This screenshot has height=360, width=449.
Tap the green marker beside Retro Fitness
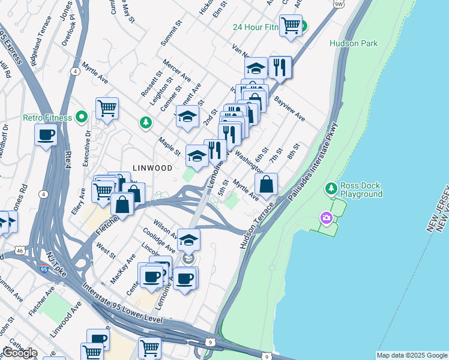[83, 117]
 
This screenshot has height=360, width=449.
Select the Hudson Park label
[353, 43]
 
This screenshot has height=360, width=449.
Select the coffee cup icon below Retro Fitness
[46, 135]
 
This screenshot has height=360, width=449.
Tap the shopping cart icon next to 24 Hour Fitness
[291, 25]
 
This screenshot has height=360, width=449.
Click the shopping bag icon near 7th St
[267, 184]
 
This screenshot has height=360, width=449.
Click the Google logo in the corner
[19, 352]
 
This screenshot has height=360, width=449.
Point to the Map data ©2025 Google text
[412, 355]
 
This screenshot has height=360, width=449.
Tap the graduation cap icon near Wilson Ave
[188, 240]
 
